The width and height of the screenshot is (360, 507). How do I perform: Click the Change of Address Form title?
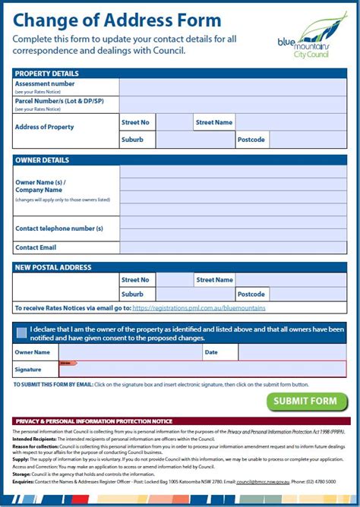[118, 20]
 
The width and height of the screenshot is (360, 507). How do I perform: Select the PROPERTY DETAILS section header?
[47, 73]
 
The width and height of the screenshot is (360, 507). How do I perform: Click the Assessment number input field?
[232, 87]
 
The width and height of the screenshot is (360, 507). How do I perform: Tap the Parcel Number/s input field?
[232, 105]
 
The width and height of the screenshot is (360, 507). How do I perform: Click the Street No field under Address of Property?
[174, 122]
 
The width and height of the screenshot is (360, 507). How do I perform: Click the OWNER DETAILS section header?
[43, 160]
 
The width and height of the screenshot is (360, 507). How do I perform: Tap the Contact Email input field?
[232, 247]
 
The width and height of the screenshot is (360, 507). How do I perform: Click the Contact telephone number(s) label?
[59, 228]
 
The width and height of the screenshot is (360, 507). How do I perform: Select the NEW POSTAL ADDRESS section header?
[53, 267]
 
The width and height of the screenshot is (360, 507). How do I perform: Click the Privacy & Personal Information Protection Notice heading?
[93, 420]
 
